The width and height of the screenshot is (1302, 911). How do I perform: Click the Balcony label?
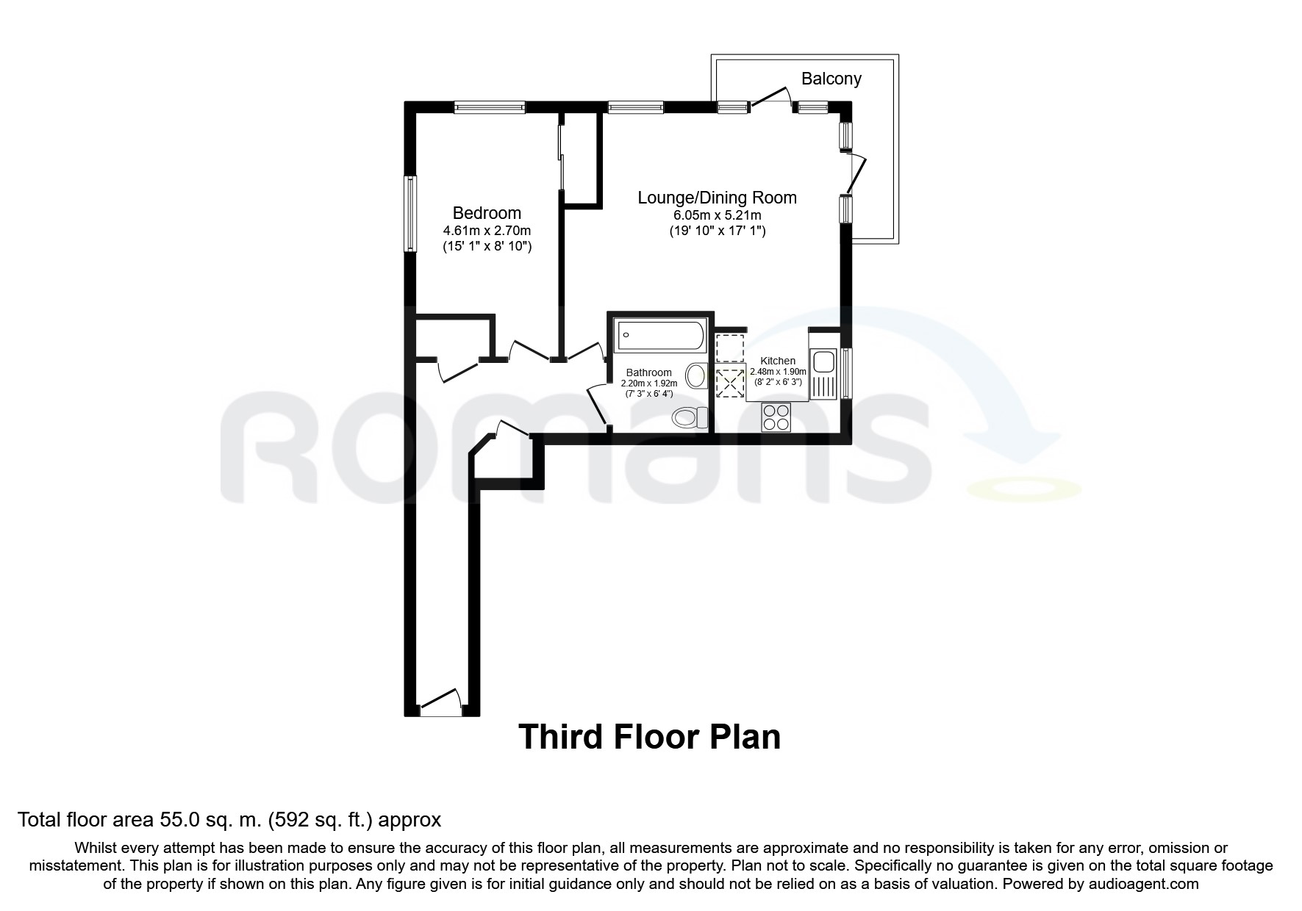click(831, 79)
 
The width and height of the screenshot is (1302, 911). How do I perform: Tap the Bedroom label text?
click(487, 213)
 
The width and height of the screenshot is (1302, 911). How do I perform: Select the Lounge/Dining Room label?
click(717, 198)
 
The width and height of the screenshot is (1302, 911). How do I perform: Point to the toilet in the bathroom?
click(690, 417)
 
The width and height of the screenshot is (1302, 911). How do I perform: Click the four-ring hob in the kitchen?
click(776, 417)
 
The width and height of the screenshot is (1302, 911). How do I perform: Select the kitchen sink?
click(822, 362)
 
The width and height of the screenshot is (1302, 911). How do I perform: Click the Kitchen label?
click(778, 361)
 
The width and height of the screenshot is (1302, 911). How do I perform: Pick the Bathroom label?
click(648, 372)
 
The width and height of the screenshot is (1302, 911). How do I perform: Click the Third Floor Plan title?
click(650, 737)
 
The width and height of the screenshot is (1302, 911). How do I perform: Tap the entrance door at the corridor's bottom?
click(440, 703)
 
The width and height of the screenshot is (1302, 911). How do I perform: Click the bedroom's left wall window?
click(411, 214)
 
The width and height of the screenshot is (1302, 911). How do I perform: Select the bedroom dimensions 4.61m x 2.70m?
click(487, 230)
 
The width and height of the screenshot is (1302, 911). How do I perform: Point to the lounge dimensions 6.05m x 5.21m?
click(717, 215)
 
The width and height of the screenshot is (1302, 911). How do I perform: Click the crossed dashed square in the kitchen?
click(729, 383)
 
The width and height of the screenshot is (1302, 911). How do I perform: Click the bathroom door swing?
click(599, 403)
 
